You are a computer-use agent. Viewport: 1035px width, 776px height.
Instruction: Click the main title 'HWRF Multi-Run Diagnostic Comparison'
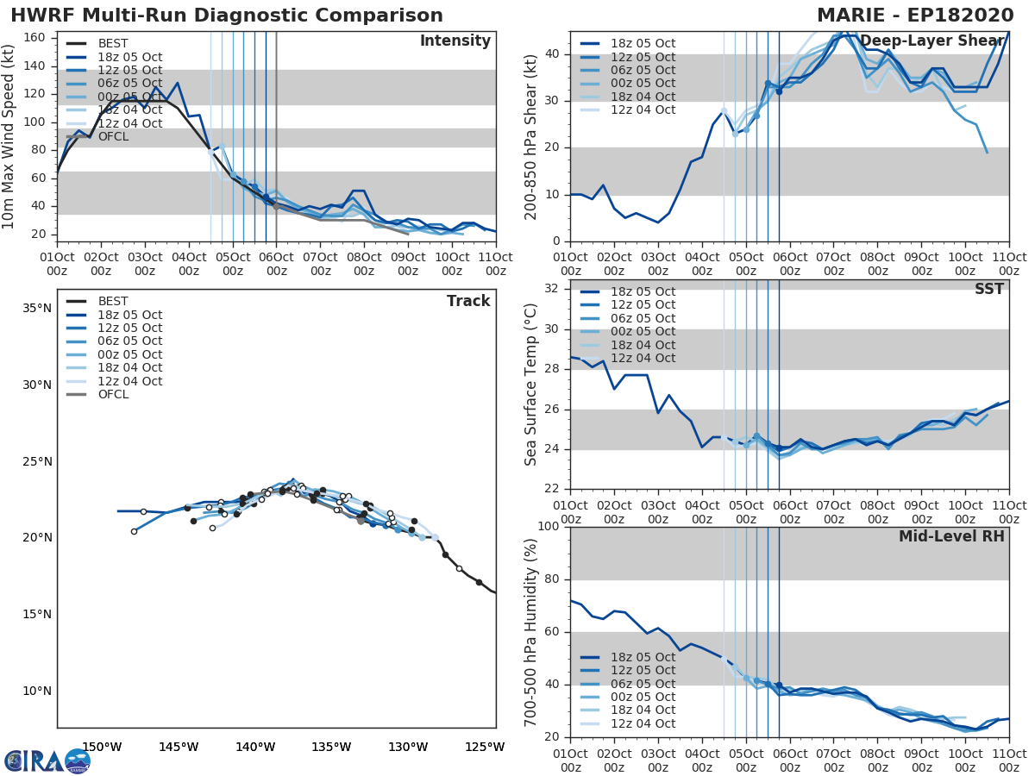pyautogui.click(x=227, y=16)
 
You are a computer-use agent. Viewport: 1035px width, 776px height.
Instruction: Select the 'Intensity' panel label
pyautogui.click(x=455, y=41)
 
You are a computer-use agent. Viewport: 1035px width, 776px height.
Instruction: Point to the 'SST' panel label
pyautogui.click(x=988, y=290)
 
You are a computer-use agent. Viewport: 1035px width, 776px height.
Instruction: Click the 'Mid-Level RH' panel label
pyautogui.click(x=951, y=536)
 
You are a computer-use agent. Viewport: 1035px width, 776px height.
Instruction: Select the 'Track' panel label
pyautogui.click(x=467, y=301)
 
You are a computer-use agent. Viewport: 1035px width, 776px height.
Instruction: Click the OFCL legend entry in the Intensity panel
pyautogui.click(x=112, y=136)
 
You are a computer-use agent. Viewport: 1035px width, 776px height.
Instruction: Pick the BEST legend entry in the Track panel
pyautogui.click(x=112, y=301)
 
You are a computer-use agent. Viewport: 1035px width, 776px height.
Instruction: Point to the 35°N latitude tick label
pyautogui.click(x=36, y=308)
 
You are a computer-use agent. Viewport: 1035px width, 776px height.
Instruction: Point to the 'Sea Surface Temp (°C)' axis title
pyautogui.click(x=531, y=385)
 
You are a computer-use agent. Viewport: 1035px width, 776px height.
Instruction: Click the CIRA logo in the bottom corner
pyautogui.click(x=47, y=760)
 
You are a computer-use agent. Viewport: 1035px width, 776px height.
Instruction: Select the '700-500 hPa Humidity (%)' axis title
pyautogui.click(x=531, y=632)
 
